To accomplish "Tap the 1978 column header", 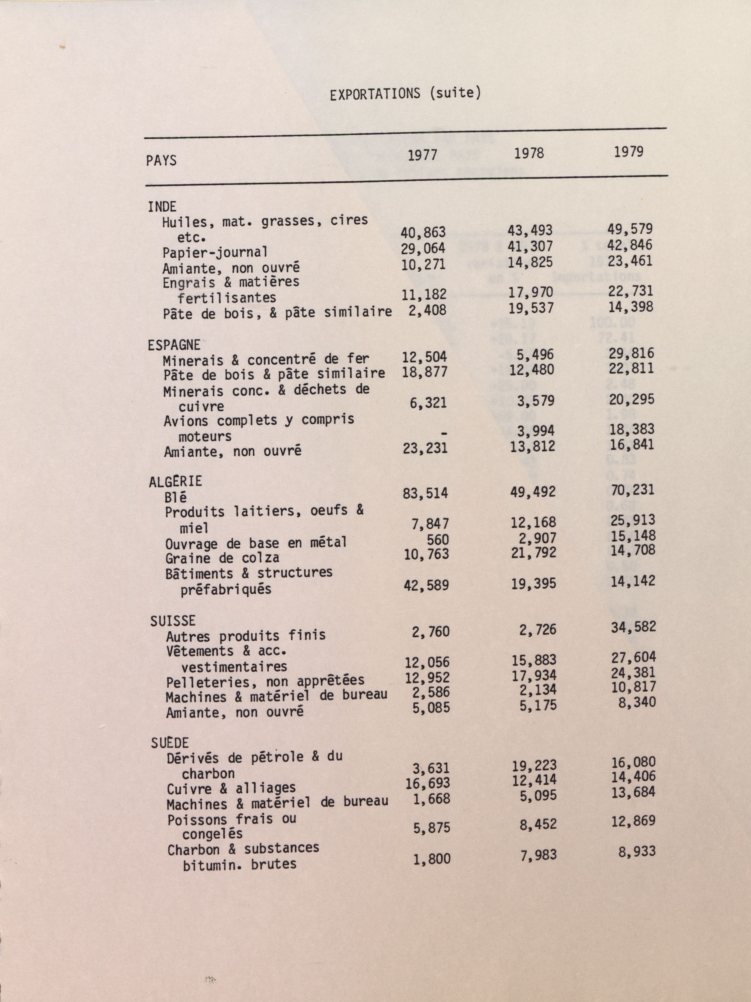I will [529, 153].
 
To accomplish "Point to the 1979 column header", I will [629, 151].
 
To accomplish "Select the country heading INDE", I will [162, 207].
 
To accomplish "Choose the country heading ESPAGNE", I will [174, 345].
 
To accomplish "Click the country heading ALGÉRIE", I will [175, 481].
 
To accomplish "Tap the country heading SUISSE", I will [173, 621].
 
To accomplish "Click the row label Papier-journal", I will [215, 252].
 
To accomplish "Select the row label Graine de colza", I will [222, 558].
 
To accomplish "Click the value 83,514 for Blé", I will [425, 493].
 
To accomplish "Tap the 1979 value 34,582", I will [633, 627].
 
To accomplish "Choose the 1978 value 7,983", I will [539, 855].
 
